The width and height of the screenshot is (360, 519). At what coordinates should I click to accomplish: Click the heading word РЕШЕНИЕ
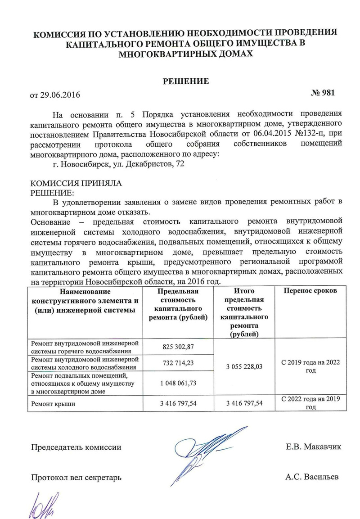pos(186,81)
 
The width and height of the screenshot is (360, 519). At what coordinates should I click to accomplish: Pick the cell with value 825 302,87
pos(179,347)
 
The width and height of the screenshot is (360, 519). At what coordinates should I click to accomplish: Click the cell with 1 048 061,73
pos(179,383)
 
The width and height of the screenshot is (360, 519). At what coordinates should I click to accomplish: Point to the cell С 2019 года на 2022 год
pos(310,366)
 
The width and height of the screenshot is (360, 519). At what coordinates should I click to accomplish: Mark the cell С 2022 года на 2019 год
pos(310,403)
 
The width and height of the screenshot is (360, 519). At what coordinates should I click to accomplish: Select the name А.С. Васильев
pos(311,477)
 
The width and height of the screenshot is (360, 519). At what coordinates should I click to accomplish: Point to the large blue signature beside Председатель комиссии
pos(202,452)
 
